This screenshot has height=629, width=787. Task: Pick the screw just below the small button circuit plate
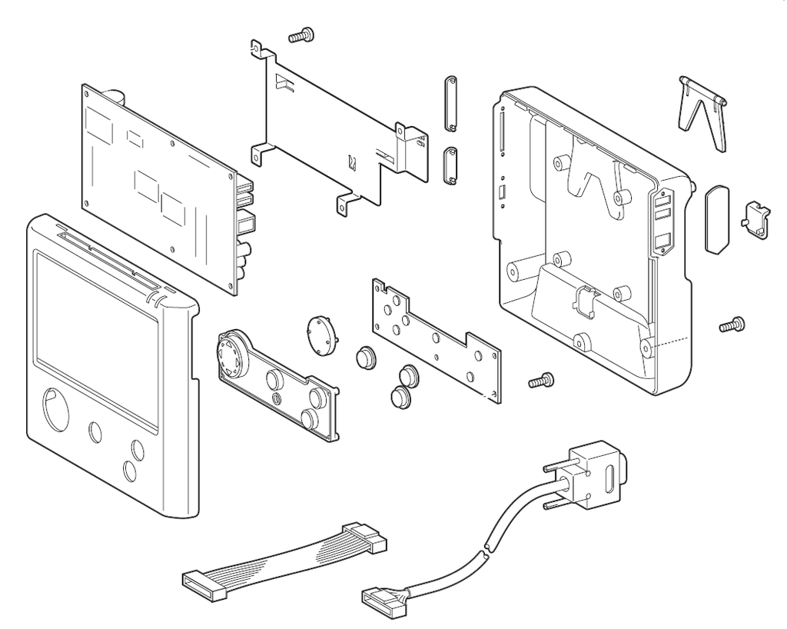541,379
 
